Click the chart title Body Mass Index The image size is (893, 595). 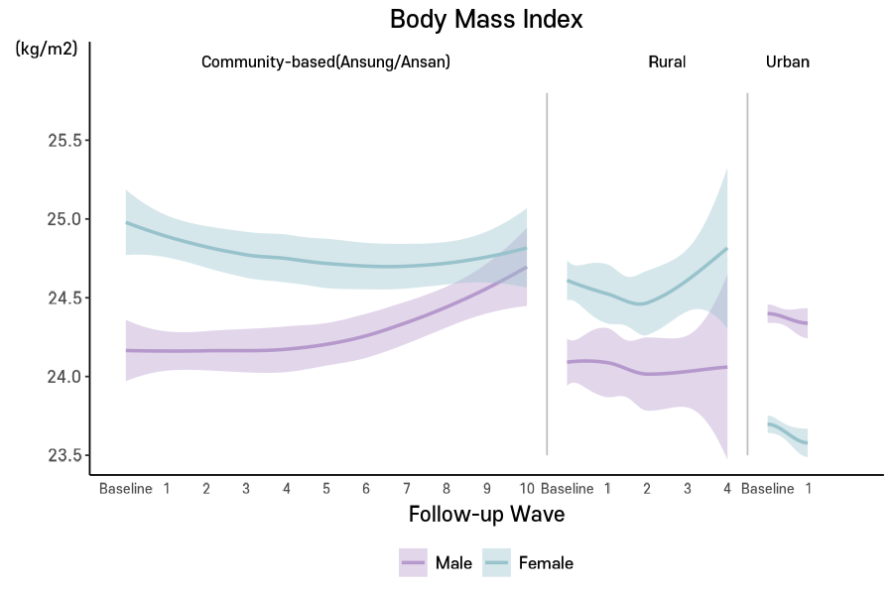coord(486,19)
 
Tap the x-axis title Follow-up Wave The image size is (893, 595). coord(486,514)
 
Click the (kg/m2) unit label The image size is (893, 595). coord(46,49)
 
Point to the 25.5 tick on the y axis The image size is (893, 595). coord(64,140)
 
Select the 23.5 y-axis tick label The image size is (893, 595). coord(64,456)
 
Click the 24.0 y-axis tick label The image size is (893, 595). coord(64,377)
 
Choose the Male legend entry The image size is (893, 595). coord(437,563)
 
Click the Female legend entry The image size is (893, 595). coord(529,563)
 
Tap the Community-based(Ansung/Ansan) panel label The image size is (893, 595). coord(325,61)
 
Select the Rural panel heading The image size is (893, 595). coord(667,61)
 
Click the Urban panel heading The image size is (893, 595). coord(788,61)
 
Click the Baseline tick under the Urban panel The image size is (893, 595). coord(768,489)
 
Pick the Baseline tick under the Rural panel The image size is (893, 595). coord(568,489)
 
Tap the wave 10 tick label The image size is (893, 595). coord(527,489)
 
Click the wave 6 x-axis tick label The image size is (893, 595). coord(366,489)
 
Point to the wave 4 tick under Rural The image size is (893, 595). coord(727,489)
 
